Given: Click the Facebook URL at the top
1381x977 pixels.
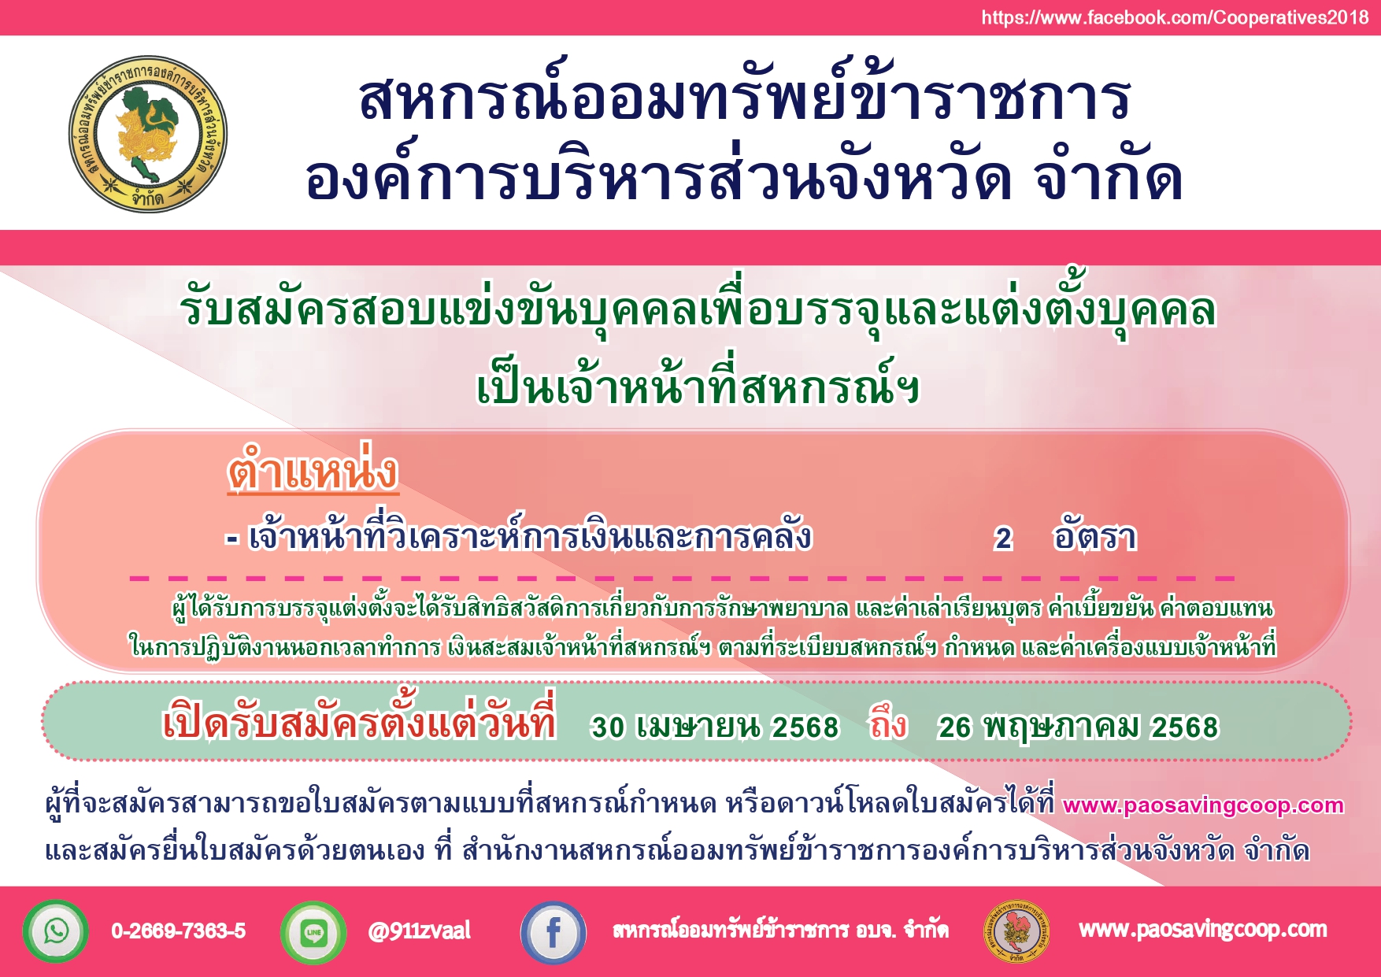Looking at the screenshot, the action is (1175, 18).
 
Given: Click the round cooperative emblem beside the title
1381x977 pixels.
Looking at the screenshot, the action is (147, 134).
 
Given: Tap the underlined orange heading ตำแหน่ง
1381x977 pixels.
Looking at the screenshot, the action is (313, 471).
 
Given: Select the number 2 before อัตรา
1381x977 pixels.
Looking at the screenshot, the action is (1002, 538).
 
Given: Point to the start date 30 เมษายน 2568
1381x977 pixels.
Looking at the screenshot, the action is (715, 727).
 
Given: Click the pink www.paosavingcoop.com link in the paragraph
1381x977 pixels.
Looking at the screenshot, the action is (1203, 805).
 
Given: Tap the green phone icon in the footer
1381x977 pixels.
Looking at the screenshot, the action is (55, 931).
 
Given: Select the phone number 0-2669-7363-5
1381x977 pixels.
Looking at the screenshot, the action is (179, 931).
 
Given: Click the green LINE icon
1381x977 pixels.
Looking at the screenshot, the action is (313, 932).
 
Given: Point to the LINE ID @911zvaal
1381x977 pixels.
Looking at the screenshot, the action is (419, 931).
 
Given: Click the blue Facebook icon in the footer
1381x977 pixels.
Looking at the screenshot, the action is (554, 933).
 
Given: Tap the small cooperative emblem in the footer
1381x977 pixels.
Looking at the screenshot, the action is (1017, 932).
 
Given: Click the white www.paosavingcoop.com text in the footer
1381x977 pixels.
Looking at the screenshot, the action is (1203, 931).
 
